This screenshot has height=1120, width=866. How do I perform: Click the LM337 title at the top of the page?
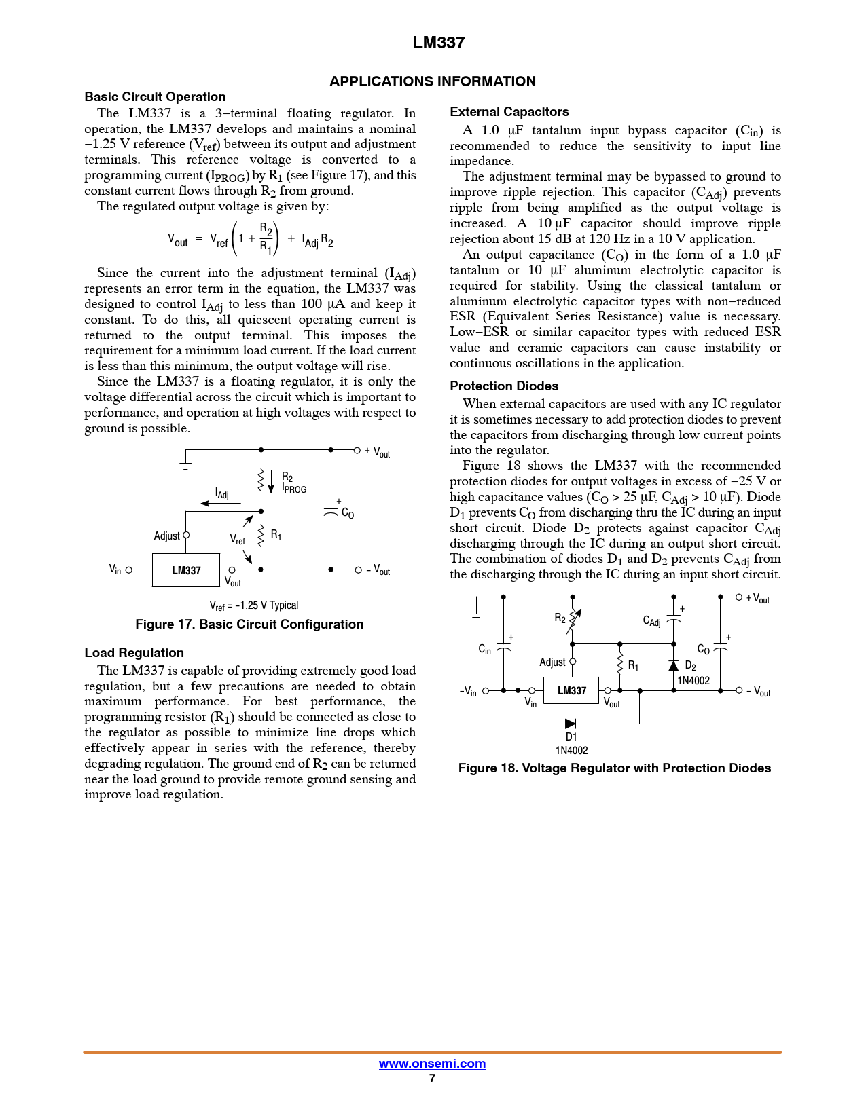point(439,43)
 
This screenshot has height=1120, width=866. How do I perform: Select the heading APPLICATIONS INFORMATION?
point(433,81)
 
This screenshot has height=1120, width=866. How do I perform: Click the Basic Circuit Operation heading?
point(155,97)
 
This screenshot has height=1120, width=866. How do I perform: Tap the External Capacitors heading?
point(509,112)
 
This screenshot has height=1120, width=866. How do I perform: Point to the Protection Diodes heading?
point(504,386)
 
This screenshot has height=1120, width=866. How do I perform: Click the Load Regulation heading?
point(134,653)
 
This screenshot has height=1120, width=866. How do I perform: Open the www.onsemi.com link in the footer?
point(432,1064)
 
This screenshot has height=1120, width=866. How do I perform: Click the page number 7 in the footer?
point(432,1078)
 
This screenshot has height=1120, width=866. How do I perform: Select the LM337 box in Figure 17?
point(186,570)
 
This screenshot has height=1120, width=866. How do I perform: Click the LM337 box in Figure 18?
point(571,690)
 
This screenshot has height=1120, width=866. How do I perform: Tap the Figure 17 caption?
point(249,624)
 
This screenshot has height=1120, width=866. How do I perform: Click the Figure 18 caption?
point(614,768)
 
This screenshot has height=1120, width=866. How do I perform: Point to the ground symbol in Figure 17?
point(185,465)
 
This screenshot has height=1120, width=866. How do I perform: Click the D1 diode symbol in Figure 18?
point(571,724)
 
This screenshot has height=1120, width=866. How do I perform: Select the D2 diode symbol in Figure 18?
point(673,665)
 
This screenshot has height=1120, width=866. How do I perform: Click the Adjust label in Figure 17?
point(166,536)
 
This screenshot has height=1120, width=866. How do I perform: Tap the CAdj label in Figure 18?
point(651,621)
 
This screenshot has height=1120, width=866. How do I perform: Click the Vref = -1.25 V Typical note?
point(253,605)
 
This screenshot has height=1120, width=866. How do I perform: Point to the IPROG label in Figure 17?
point(295,489)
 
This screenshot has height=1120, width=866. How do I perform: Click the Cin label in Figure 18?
point(484,650)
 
